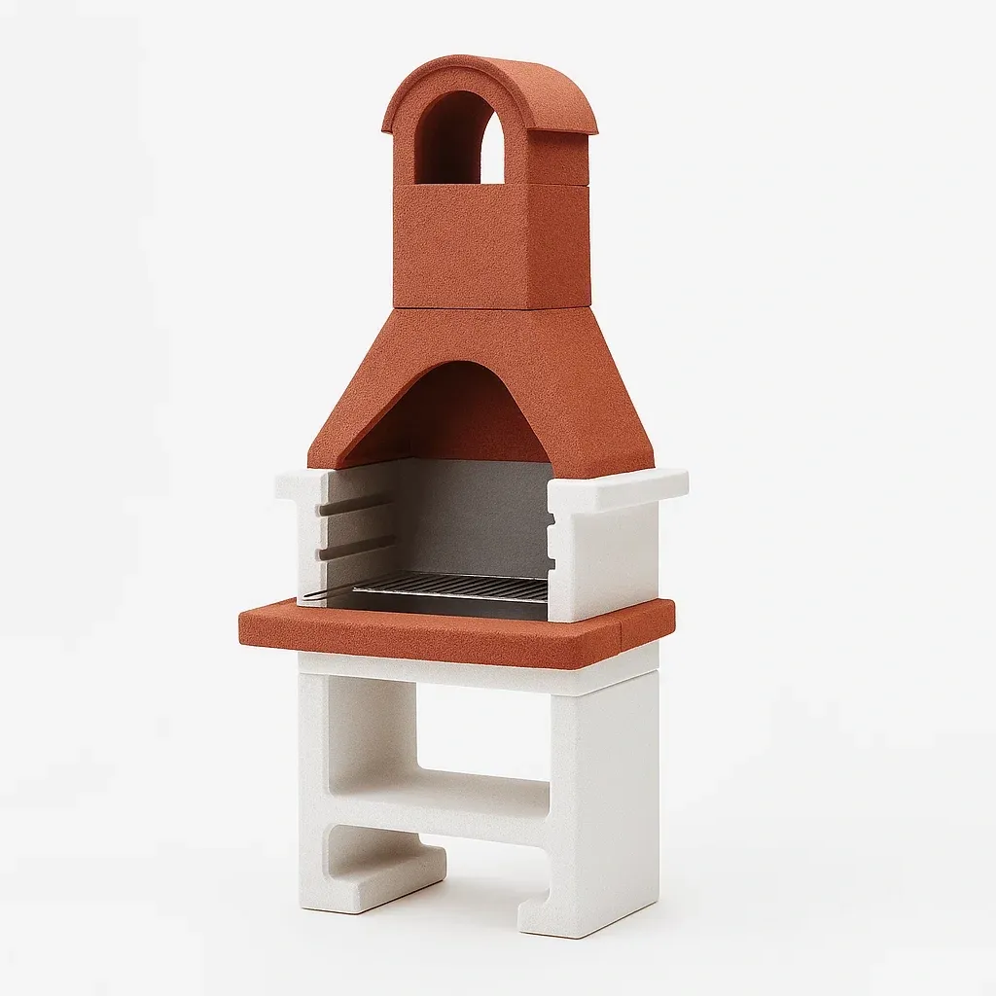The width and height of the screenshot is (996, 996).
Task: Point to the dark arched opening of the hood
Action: tap(447, 413)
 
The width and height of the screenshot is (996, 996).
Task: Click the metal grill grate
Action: tap(452, 587)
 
